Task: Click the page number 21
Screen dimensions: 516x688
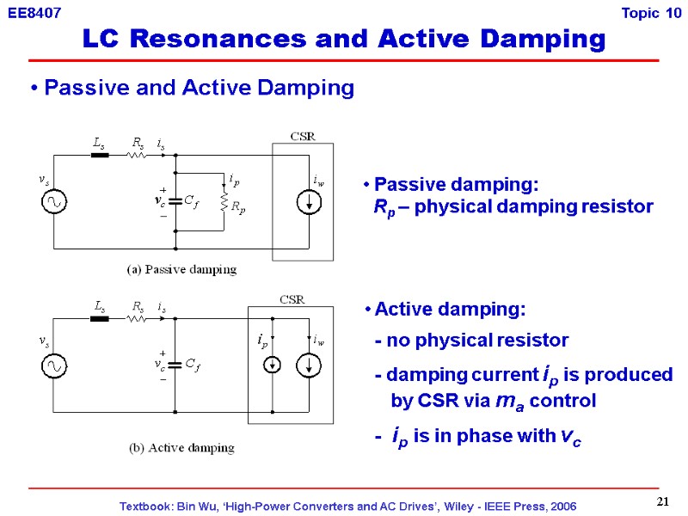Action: [x=662, y=501]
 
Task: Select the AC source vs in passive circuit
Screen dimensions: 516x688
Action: [x=53, y=202]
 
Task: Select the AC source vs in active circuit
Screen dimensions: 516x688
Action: [x=53, y=365]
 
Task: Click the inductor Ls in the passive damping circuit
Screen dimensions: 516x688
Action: [x=100, y=156]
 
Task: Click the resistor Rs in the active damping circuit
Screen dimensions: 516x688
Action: [x=136, y=318]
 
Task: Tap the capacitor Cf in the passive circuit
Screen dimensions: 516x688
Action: [x=175, y=201]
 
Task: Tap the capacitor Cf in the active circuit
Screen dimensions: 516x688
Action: [x=175, y=364]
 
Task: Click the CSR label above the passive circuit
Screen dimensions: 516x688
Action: [x=302, y=135]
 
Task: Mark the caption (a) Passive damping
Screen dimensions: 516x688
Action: [x=181, y=269]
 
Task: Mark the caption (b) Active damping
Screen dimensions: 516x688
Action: [x=181, y=448]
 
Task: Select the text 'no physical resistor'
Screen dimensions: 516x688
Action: [x=477, y=340]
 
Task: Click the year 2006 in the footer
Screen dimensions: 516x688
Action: [x=561, y=506]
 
